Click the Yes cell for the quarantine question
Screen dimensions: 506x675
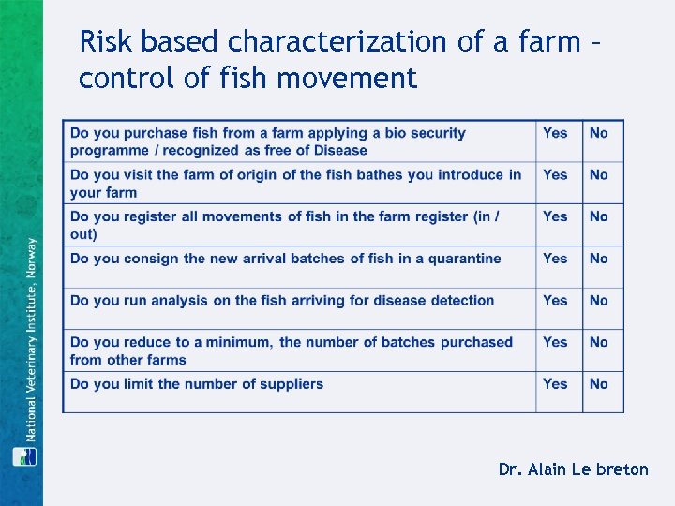(555, 259)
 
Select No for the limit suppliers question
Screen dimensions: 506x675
(598, 384)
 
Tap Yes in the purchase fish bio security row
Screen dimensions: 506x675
(555, 133)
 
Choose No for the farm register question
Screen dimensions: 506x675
(598, 216)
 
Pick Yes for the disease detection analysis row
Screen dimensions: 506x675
(555, 301)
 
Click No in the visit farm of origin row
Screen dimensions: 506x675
(598, 175)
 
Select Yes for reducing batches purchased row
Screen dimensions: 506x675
(555, 343)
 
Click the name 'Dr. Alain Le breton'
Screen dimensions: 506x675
(573, 469)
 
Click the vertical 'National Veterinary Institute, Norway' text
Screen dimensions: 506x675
(31, 338)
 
